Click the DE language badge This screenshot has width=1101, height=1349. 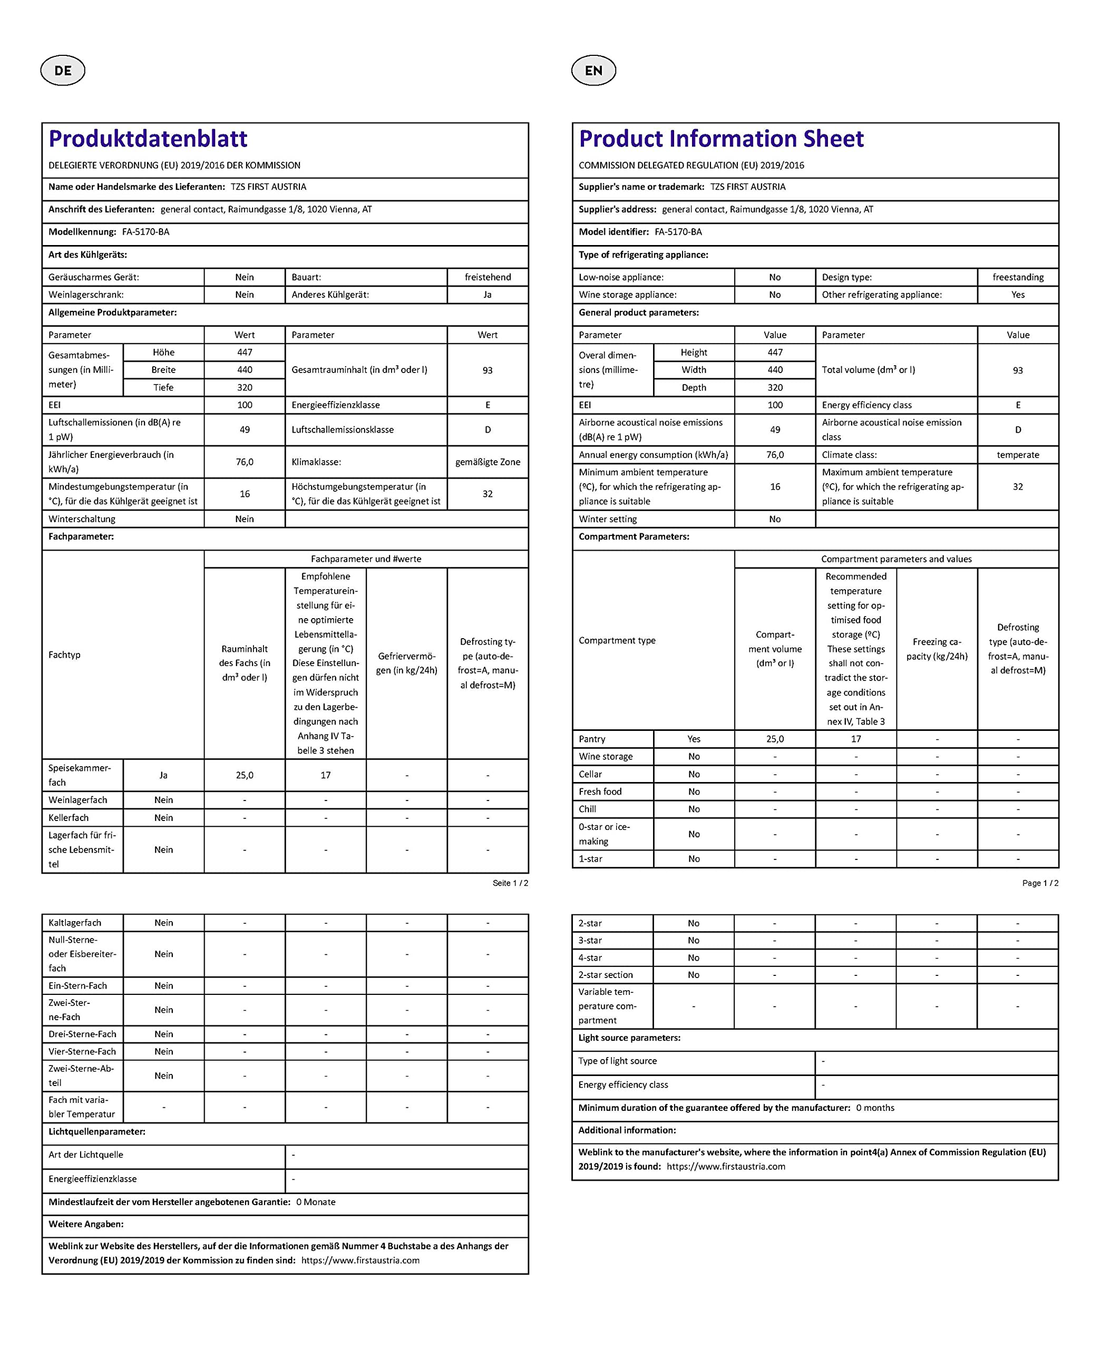tap(63, 71)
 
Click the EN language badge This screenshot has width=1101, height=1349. tap(593, 71)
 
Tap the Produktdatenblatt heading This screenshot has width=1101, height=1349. tap(148, 139)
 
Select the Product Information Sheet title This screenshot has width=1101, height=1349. tap(721, 139)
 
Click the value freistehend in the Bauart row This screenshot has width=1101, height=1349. tap(488, 277)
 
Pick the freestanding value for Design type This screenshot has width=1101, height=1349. tap(1018, 277)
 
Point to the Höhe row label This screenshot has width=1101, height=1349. tap(163, 353)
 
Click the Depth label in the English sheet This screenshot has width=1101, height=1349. tap(694, 387)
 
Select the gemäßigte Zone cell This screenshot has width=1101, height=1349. tap(488, 462)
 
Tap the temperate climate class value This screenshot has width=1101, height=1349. tap(1018, 455)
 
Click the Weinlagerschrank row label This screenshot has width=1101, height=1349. tap(86, 295)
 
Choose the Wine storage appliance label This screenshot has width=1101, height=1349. tap(627, 295)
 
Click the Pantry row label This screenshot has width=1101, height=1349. tap(592, 739)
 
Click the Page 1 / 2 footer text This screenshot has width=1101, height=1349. tap(1040, 883)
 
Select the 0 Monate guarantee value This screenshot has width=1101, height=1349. tap(316, 1202)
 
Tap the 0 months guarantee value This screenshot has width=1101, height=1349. tap(875, 1108)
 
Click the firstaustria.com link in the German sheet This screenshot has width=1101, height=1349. tap(360, 1260)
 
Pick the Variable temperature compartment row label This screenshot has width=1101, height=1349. tap(607, 1006)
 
